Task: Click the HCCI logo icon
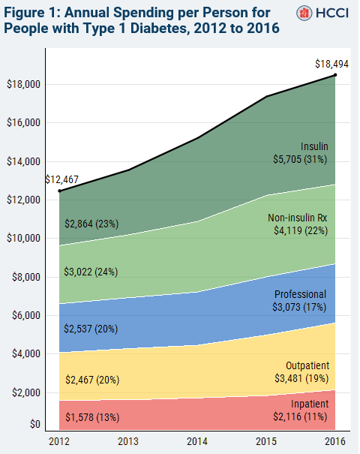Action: pos(304,14)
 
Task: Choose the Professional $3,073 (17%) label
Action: pos(300,301)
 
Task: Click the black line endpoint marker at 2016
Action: pos(335,74)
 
